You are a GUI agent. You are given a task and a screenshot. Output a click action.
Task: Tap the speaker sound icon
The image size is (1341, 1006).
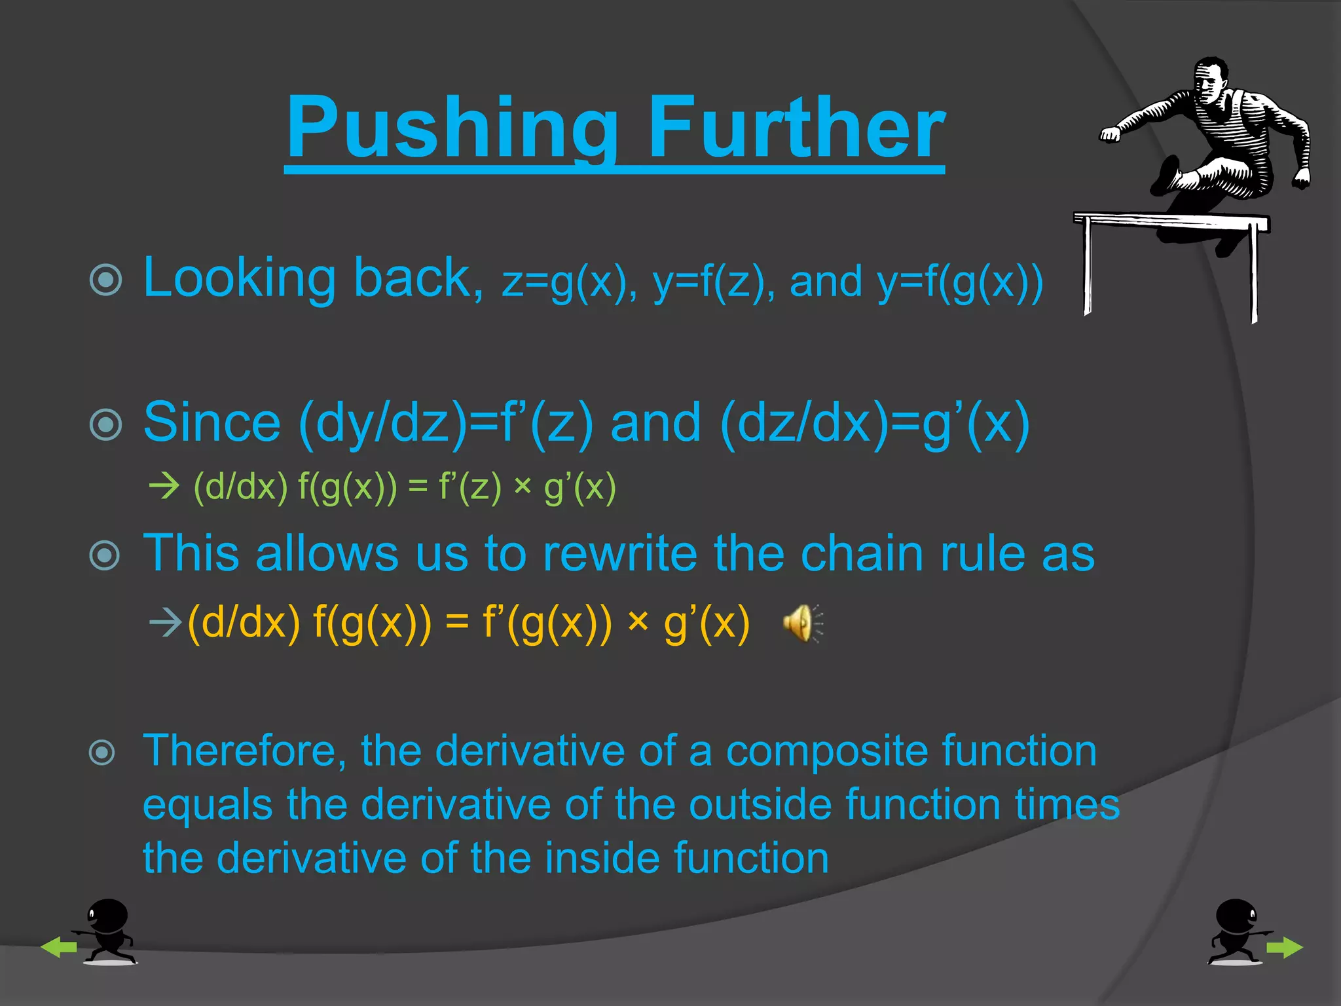[801, 623]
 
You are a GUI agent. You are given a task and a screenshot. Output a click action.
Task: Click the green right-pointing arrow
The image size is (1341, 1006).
[1284, 947]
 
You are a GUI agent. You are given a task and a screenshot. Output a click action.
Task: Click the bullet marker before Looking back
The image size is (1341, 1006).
[106, 280]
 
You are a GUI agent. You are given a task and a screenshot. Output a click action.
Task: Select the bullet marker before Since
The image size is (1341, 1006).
[106, 424]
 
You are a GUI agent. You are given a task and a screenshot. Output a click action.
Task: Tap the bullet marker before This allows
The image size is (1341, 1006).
[106, 556]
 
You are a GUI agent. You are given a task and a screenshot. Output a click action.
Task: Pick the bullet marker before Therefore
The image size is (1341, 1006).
[103, 752]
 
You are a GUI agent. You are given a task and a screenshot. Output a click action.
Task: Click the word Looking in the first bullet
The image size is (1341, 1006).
[239, 278]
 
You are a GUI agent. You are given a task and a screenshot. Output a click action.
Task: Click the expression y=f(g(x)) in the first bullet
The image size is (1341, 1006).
[959, 283]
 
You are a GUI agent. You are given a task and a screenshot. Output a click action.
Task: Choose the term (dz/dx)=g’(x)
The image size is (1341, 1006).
[874, 424]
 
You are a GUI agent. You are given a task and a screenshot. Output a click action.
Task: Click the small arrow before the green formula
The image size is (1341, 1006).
[164, 487]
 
